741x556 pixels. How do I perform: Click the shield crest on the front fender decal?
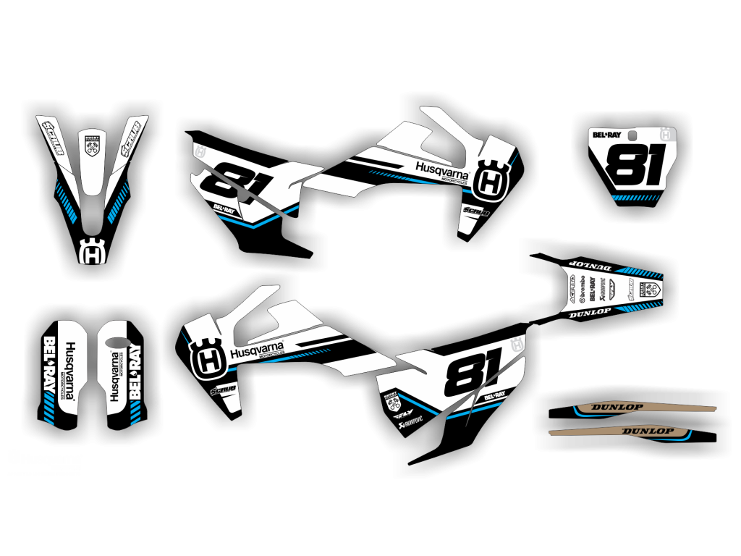92,147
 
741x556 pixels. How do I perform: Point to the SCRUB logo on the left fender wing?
54,136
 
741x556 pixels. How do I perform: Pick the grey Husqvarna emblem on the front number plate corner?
666,134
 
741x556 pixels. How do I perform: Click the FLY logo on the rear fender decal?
612,289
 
